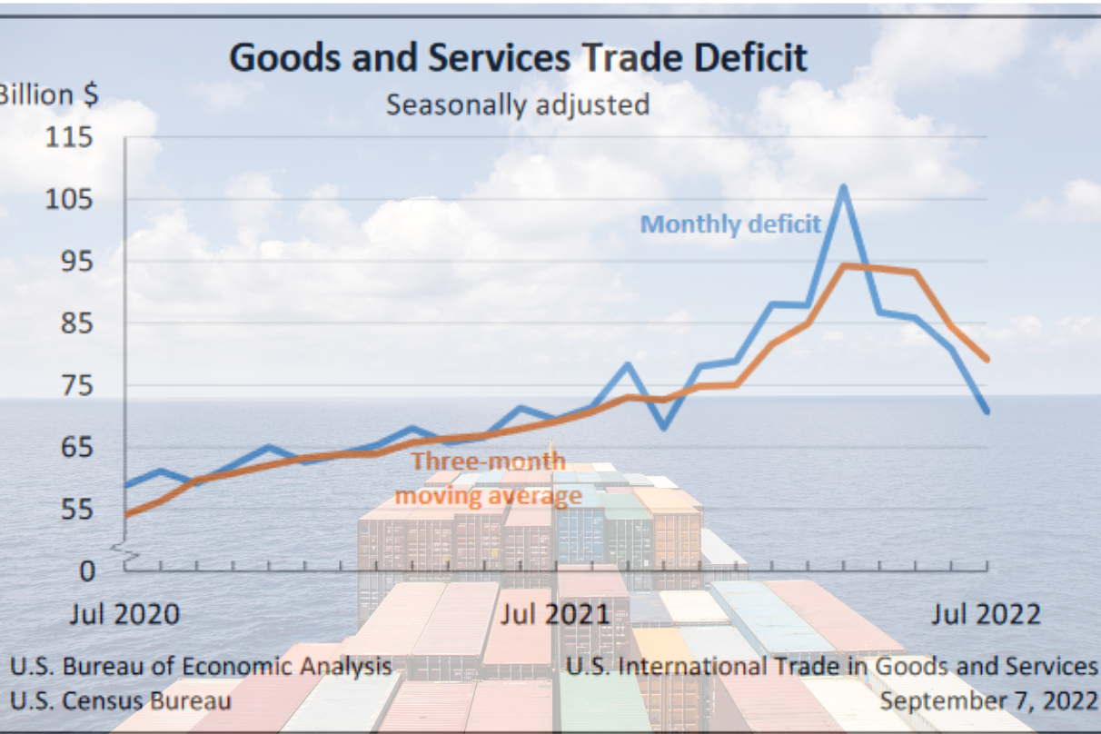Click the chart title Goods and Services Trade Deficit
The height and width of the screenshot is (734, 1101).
pos(518,58)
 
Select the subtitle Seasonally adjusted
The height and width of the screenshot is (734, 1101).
pos(518,104)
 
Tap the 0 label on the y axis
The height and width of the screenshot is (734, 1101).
pos(86,571)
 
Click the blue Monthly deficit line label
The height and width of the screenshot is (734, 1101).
pos(730,223)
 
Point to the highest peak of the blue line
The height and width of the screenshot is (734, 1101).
pos(843,187)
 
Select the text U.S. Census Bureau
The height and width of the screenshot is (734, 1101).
pos(120,701)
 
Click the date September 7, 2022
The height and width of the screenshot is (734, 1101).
pos(989,701)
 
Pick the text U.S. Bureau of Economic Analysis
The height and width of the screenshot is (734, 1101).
pos(201,666)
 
